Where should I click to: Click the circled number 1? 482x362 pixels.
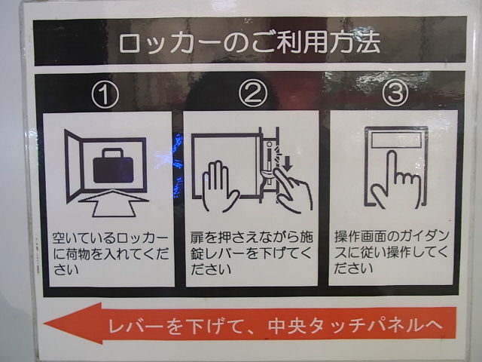[x=105, y=94]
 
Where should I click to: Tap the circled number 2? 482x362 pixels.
[x=253, y=94]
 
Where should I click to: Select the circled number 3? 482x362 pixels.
[x=395, y=93]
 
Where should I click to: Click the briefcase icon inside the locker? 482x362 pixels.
[x=113, y=166]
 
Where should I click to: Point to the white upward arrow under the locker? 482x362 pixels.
[x=114, y=203]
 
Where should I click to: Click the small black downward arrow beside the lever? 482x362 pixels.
[x=288, y=164]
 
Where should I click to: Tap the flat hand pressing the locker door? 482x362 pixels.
[x=220, y=186]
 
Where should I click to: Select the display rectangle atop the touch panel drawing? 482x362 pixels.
[x=397, y=140]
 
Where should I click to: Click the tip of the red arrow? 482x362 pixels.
[x=44, y=324]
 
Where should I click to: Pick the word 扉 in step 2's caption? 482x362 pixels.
[x=197, y=238]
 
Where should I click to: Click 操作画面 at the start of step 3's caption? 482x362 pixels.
[x=362, y=237]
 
